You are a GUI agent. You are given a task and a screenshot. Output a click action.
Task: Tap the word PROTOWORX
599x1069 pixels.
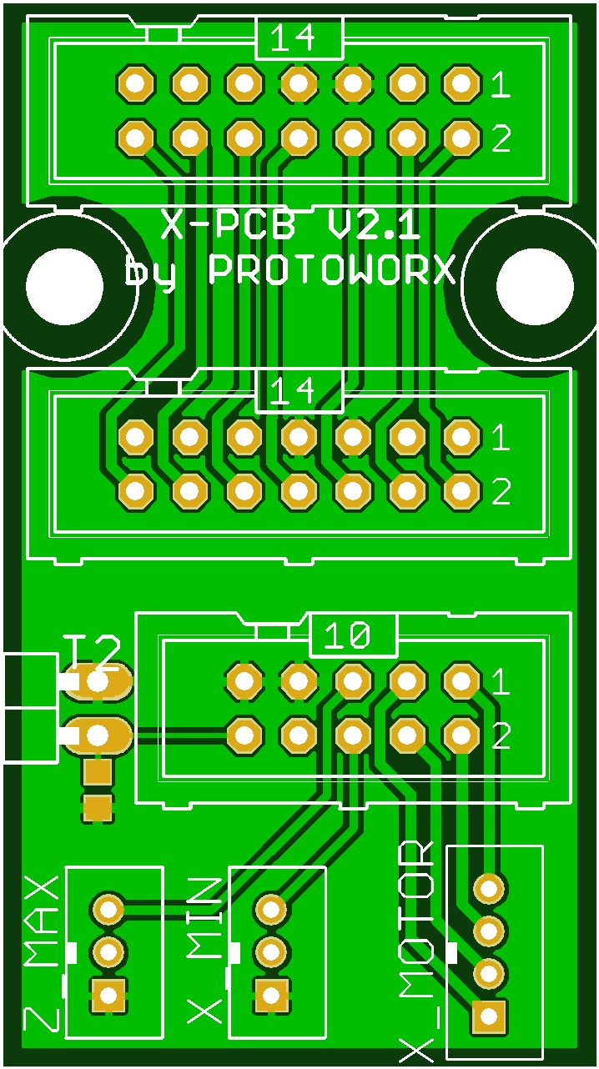332,270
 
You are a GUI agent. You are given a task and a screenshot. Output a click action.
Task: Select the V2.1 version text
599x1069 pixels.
370,224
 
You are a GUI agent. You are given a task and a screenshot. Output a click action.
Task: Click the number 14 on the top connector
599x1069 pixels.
298,38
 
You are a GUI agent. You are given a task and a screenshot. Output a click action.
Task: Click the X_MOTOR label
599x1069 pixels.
415,951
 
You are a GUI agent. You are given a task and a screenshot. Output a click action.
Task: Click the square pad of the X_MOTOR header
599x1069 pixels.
488,1016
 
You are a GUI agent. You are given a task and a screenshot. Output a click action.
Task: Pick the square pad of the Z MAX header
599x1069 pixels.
108,995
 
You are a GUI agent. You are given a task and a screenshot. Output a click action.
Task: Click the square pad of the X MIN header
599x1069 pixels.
271,995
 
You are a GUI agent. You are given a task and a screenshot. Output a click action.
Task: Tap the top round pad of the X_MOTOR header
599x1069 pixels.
488,888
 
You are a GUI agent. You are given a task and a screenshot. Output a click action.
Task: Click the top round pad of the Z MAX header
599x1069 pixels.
108,908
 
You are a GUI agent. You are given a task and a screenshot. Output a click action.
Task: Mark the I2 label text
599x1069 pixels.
92,652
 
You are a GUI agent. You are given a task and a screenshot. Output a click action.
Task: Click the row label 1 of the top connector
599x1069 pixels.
500,85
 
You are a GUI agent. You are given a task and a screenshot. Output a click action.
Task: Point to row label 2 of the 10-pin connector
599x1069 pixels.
500,736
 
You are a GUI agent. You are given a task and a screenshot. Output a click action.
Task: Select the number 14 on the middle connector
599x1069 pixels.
298,390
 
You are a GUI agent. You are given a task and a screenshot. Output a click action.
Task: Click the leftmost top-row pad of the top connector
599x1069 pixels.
135,83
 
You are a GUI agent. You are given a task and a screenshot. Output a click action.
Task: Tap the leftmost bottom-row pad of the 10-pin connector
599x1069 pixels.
244,735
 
